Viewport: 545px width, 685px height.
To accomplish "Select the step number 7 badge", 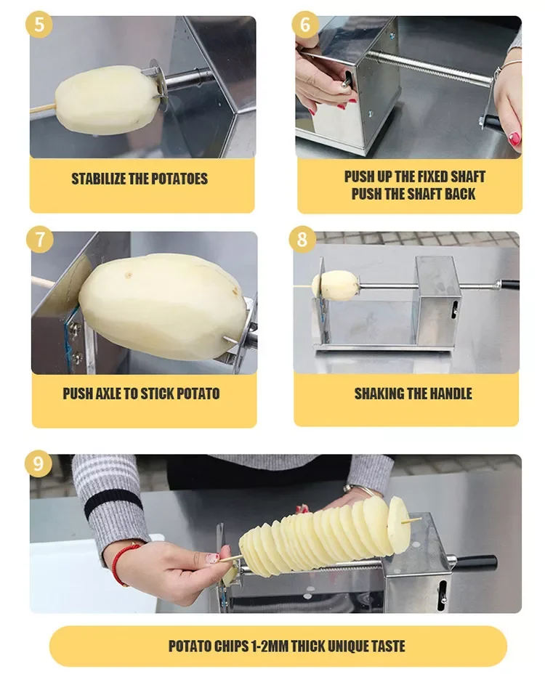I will click(39, 240).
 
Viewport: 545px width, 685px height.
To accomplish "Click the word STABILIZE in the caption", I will click(98, 179).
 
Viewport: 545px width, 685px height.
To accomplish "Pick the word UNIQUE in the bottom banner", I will click(350, 646).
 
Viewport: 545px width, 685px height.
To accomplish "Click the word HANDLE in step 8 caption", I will click(449, 394).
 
